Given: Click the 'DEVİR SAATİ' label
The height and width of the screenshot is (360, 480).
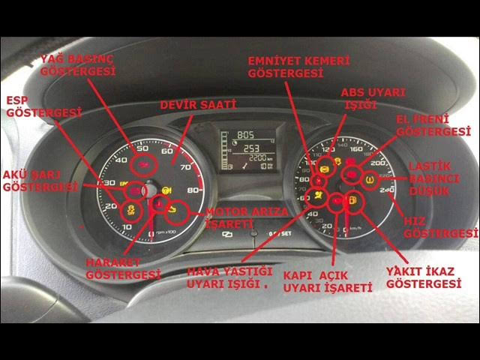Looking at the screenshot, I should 198,105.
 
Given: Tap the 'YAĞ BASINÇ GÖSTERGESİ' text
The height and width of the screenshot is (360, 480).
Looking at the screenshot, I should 78,64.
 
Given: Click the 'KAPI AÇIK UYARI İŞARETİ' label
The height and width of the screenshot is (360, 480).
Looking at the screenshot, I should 327,281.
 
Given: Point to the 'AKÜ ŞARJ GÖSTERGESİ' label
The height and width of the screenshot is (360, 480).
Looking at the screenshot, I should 39,180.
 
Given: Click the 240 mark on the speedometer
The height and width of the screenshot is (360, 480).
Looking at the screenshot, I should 387,191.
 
